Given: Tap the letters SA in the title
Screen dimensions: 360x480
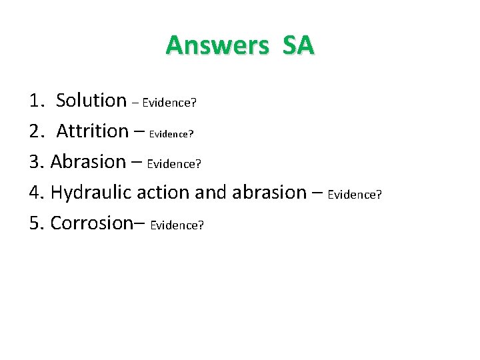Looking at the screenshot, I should click(298, 45).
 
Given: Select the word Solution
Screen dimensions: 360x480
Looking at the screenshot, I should click(91, 100).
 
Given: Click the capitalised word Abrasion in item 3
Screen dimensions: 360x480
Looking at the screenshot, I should click(88, 161).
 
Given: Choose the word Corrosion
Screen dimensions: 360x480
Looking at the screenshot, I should click(92, 223).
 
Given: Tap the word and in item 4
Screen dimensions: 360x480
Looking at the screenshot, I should click(211, 192).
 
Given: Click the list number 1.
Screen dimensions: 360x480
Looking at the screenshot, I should click(36, 101).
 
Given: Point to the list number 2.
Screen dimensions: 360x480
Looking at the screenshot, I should click(36, 131).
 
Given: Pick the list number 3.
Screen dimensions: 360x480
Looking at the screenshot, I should click(36, 162).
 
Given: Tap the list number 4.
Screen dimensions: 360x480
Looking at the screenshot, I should click(36, 193).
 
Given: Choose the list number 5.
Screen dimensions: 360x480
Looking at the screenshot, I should click(36, 223).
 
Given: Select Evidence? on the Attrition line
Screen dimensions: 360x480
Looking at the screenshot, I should click(171, 133).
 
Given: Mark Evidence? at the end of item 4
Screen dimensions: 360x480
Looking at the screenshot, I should click(355, 195).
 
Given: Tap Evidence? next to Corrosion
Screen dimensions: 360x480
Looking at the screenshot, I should click(177, 225).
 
